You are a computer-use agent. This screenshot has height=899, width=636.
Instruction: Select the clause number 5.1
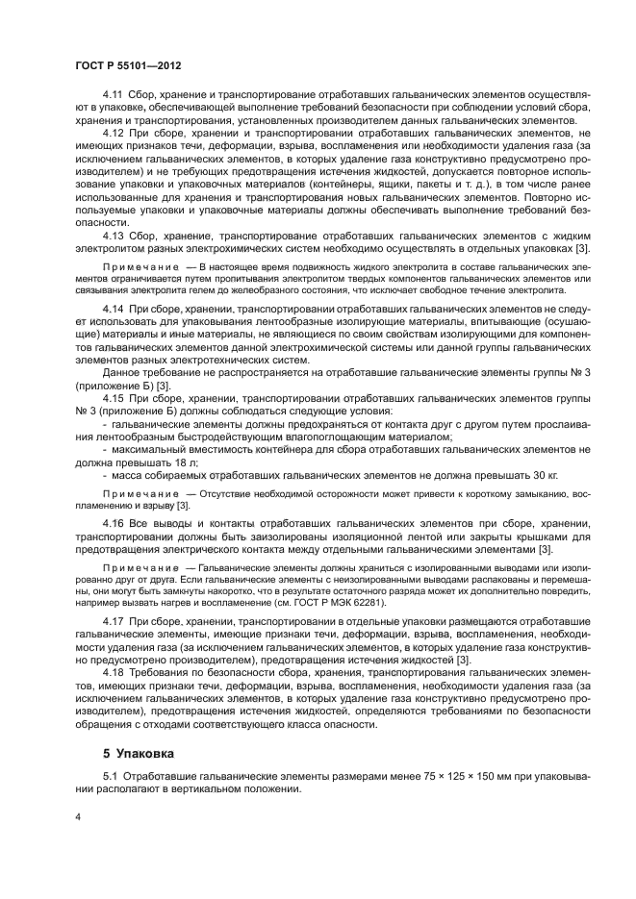pyautogui.click(x=110, y=776)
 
